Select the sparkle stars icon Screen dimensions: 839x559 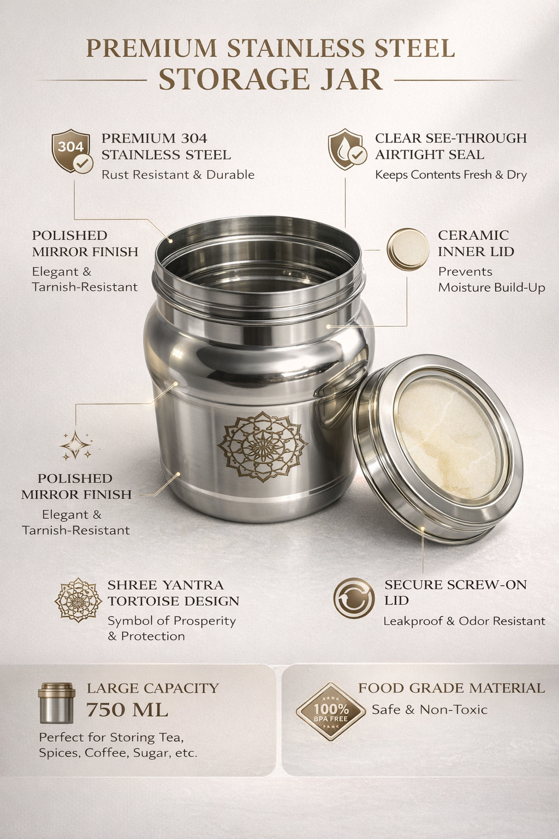click(75, 445)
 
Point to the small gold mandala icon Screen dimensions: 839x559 click(79, 600)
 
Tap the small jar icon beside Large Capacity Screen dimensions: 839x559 click(56, 702)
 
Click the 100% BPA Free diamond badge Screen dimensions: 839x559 click(330, 711)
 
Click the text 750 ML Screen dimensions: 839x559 click(127, 710)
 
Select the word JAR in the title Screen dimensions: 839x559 click(349, 80)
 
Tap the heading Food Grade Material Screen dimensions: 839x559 click(451, 688)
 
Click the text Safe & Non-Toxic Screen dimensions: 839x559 click(429, 710)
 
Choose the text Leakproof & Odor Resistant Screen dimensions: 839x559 click(464, 621)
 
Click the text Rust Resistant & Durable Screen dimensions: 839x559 click(178, 175)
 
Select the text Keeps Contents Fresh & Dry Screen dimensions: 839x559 click(450, 175)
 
